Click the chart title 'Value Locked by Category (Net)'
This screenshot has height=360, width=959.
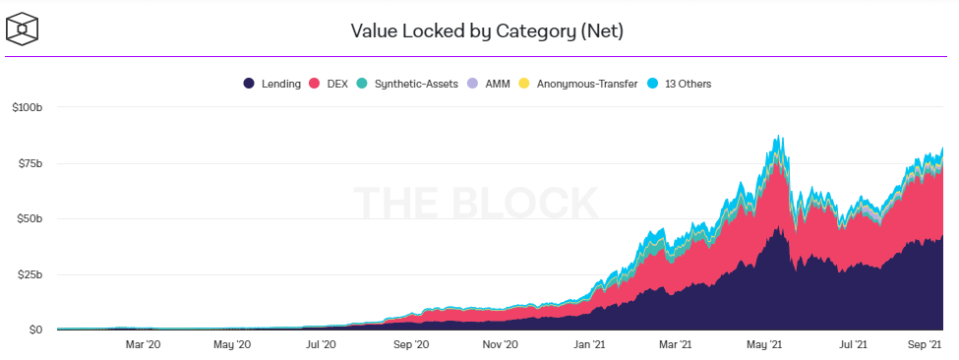click(487, 30)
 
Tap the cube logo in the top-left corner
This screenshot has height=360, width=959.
click(23, 30)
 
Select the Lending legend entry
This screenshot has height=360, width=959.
click(272, 84)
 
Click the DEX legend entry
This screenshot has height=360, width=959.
click(329, 84)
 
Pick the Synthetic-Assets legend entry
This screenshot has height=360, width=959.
click(407, 84)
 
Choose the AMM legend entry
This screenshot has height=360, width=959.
click(488, 84)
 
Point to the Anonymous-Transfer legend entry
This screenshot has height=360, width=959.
click(578, 84)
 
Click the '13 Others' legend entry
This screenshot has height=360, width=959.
click(679, 84)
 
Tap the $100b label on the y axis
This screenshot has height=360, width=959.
click(27, 107)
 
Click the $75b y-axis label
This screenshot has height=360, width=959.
click(29, 163)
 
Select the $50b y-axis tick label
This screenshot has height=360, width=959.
click(29, 218)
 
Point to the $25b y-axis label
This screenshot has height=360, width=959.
click(29, 274)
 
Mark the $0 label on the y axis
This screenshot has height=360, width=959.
click(33, 330)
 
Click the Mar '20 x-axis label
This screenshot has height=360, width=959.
click(143, 344)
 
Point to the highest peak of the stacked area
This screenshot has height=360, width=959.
click(778, 135)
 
